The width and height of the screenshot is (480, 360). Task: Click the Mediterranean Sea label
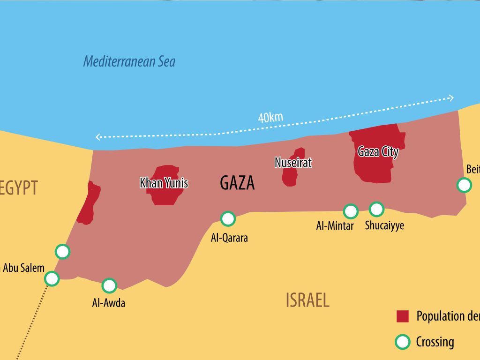[x=129, y=61]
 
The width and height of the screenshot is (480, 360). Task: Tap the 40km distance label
[x=270, y=117]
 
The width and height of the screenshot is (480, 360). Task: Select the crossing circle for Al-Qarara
[x=228, y=218]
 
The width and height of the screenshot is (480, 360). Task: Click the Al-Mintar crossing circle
[x=351, y=211]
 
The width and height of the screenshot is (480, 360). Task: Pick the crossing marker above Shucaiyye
[x=376, y=209]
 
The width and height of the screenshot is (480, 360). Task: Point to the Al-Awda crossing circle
[x=109, y=285]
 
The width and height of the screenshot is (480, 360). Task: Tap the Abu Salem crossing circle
[x=52, y=279]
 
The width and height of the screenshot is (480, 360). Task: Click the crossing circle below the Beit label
[x=464, y=185]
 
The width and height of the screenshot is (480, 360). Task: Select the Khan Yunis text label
[x=164, y=183]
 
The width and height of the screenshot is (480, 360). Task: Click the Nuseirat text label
[x=293, y=163]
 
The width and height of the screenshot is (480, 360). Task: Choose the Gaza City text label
[x=378, y=152]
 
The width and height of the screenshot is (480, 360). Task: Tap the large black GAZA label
[x=237, y=183]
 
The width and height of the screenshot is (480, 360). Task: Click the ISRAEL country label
[x=307, y=300]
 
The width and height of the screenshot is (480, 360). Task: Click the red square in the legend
[x=403, y=316]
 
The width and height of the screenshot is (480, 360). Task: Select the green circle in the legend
[x=402, y=342]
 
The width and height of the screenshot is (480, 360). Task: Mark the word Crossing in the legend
[x=435, y=342]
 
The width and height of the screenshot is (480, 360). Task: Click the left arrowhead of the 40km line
[x=98, y=137]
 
